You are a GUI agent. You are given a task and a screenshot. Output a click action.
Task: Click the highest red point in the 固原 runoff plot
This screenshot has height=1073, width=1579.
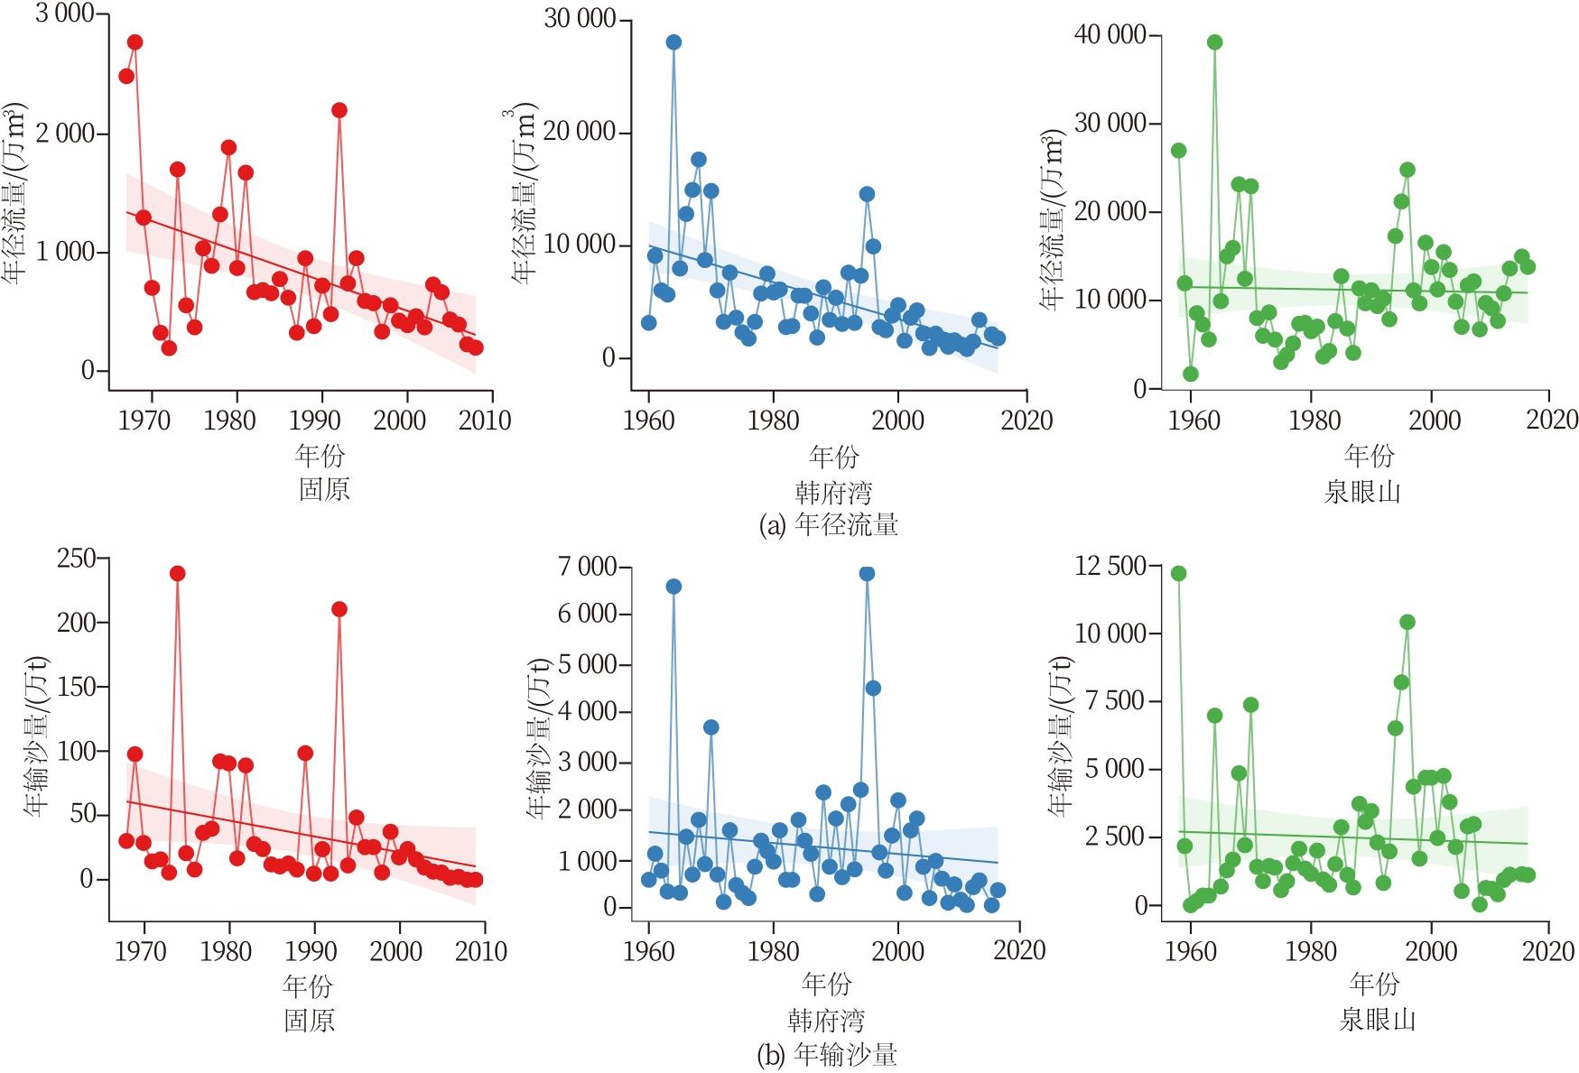tap(135, 42)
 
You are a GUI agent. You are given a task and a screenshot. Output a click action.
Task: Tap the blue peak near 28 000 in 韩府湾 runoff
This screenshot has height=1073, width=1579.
tap(673, 42)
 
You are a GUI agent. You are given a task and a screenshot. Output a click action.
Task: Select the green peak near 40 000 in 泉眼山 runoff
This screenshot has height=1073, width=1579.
tap(1214, 42)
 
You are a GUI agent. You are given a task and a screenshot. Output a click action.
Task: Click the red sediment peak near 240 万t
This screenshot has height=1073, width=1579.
tap(177, 573)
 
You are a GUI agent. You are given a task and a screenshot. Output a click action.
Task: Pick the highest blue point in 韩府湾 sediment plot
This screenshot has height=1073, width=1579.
tap(867, 573)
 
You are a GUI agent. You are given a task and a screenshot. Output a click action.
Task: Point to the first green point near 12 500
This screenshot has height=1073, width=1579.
tap(1178, 573)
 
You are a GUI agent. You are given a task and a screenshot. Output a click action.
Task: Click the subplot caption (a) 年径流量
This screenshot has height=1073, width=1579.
tap(829, 525)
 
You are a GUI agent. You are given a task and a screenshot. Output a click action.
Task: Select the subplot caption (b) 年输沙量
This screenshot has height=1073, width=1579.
tap(827, 1055)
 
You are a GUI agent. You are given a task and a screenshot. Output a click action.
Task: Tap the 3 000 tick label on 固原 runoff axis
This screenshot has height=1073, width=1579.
tap(64, 14)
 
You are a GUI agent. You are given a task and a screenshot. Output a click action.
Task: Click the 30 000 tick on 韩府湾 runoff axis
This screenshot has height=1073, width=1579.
tap(580, 19)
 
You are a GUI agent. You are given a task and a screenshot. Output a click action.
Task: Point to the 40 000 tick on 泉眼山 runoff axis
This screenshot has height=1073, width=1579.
tap(1110, 34)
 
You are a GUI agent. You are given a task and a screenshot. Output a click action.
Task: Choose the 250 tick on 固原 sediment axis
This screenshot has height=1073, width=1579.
tap(76, 559)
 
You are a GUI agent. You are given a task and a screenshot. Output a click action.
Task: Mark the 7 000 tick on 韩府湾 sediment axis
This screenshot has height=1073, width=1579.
tap(587, 567)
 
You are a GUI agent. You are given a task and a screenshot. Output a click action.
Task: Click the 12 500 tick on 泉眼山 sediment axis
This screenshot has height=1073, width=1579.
tap(1110, 566)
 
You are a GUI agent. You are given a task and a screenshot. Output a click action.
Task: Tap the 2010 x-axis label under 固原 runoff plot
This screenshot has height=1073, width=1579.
tap(486, 421)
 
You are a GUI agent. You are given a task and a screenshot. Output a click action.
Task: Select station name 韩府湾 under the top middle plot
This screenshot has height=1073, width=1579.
tap(833, 493)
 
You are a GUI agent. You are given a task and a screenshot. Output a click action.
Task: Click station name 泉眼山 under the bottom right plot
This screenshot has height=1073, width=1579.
tap(1377, 1021)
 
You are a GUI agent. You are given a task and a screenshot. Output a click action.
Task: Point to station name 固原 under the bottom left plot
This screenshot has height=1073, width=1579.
tap(309, 1021)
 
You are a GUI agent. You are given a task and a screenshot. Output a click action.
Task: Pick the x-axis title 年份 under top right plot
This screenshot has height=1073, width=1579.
tap(1369, 456)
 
